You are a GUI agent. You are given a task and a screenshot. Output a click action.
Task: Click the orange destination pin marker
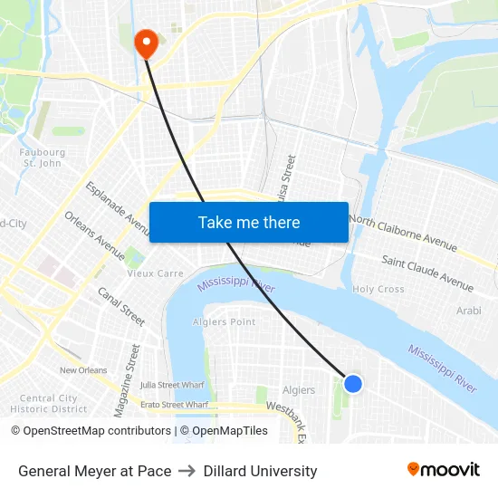(x=146, y=43)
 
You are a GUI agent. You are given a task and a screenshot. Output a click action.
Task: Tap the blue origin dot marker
(x=353, y=384)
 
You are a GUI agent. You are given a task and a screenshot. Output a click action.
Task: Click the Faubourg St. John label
(x=43, y=158)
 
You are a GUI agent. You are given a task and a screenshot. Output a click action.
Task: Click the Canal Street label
(x=121, y=307)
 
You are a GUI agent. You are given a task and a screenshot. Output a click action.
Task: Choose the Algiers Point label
(x=224, y=321)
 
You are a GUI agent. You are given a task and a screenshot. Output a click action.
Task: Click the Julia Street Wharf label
(x=170, y=384)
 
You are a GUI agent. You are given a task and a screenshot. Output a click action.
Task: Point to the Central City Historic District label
(x=49, y=403)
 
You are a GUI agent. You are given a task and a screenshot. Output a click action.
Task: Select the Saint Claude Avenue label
(x=427, y=273)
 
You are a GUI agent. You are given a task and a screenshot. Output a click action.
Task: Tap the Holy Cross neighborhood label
(x=378, y=289)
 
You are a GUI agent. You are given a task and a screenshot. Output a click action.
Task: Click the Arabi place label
(x=468, y=311)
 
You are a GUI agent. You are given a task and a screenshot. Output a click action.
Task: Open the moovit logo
(x=443, y=470)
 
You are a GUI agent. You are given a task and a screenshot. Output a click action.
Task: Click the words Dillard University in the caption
(x=260, y=471)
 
